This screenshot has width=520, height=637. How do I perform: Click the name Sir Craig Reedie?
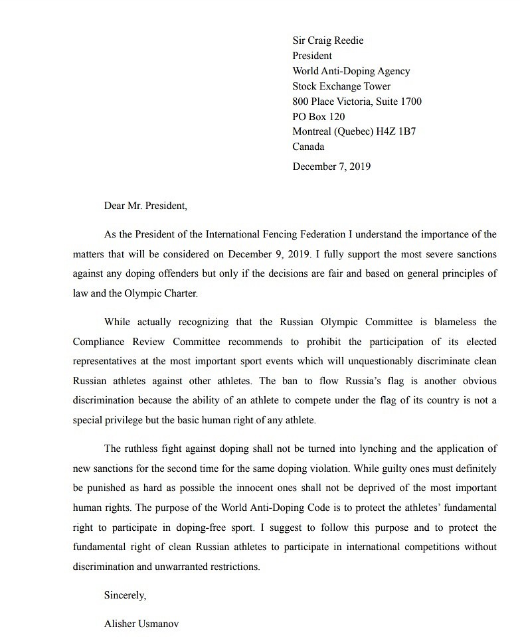pyautogui.click(x=327, y=40)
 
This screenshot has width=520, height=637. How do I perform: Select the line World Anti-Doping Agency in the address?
pyautogui.click(x=351, y=71)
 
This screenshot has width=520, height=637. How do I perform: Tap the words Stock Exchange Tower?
pyautogui.click(x=341, y=86)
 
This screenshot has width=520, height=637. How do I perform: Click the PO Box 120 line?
pyautogui.click(x=319, y=117)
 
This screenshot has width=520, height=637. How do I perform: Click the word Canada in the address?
pyautogui.click(x=308, y=147)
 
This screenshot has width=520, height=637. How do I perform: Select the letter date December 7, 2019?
pyautogui.click(x=331, y=167)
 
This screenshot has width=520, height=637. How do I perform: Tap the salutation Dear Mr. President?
pyautogui.click(x=145, y=206)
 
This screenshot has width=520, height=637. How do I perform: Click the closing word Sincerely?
pyautogui.click(x=125, y=595)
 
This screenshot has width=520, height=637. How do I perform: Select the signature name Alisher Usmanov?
pyautogui.click(x=141, y=624)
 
